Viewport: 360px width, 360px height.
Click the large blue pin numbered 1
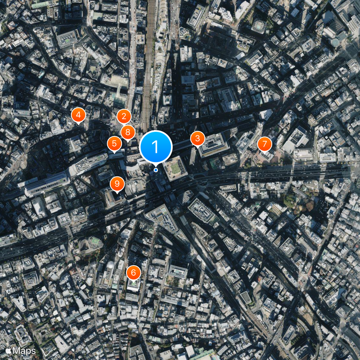(156, 147)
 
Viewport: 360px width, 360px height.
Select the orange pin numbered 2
(124, 117)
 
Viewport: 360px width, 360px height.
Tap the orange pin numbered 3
(197, 139)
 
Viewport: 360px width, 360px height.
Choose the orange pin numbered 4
(78, 116)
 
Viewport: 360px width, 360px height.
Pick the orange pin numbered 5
(114, 144)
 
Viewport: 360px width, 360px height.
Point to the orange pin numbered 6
(133, 273)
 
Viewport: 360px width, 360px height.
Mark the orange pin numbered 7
(265, 144)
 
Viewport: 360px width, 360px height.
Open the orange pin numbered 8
(128, 132)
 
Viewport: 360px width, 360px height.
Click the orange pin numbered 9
(117, 184)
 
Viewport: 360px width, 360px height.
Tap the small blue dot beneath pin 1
(156, 170)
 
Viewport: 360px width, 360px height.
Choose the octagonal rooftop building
(258, 26)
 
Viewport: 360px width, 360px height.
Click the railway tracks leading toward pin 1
(147, 67)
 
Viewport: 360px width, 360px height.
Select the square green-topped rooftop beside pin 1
(175, 168)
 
